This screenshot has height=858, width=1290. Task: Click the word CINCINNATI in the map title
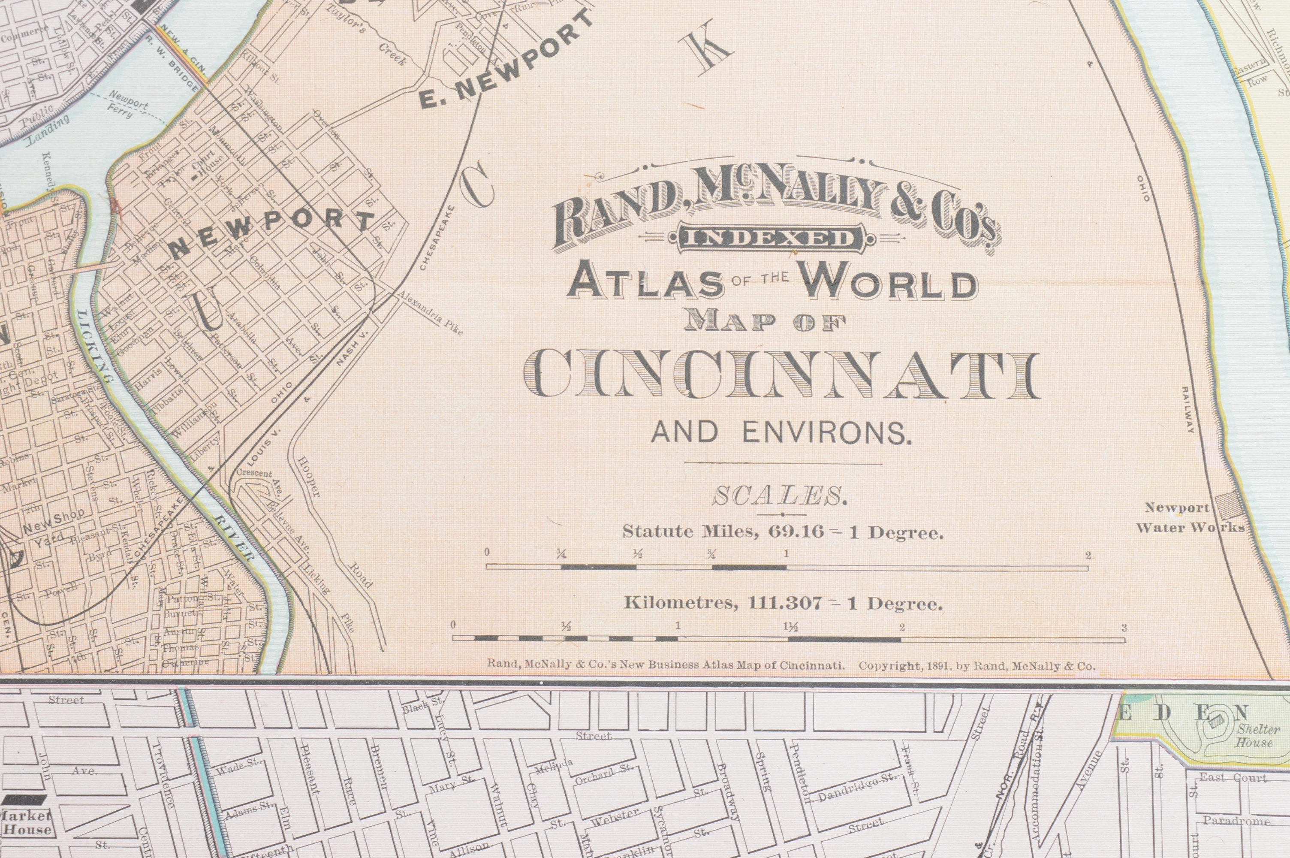click(781, 376)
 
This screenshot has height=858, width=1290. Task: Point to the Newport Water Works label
click(1190, 517)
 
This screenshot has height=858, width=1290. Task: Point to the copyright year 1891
click(937, 667)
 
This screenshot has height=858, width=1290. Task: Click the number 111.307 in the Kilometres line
click(785, 604)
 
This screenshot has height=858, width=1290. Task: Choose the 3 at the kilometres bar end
click(1124, 628)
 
